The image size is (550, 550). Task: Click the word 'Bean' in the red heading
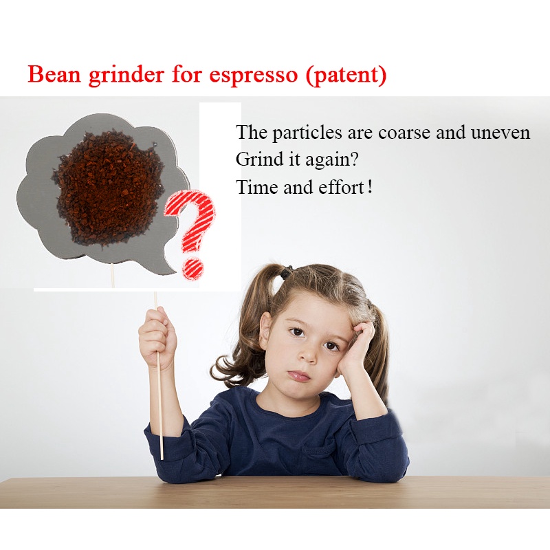tap(54, 74)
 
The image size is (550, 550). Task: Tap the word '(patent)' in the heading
tap(346, 75)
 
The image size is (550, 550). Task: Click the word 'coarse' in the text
tap(404, 133)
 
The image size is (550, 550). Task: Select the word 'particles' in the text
tap(307, 133)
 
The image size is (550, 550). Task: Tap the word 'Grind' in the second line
tap(259, 159)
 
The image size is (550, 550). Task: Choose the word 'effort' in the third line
tap(341, 187)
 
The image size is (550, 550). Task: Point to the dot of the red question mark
tap(192, 269)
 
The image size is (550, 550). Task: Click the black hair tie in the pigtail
tap(287, 272)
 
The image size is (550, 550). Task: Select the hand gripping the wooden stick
tap(157, 337)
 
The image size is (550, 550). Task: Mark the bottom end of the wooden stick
tap(162, 459)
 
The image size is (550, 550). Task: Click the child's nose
tap(309, 355)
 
